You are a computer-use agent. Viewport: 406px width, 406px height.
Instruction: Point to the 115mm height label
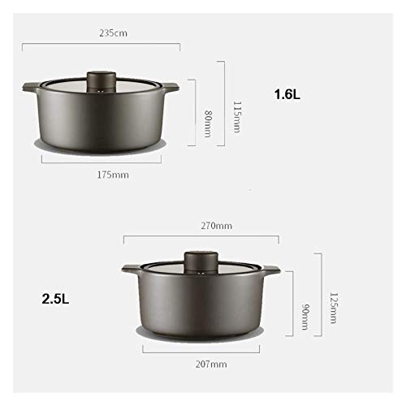(236, 115)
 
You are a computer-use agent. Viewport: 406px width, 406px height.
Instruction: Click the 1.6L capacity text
(287, 94)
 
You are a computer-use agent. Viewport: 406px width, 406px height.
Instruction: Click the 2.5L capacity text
(56, 298)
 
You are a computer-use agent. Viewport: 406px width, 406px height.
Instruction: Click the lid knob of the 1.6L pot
(101, 80)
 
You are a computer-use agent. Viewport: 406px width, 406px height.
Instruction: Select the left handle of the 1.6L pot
(29, 86)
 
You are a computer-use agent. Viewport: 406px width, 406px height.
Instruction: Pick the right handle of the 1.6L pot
(173, 86)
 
